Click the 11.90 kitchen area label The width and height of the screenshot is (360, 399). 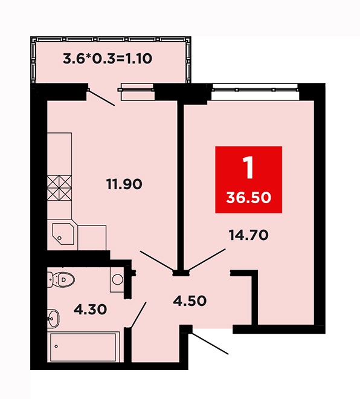(x=124, y=184)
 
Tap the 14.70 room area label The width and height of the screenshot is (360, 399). (x=248, y=235)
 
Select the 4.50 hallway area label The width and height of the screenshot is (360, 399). (x=190, y=301)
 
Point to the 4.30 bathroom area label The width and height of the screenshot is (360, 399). (x=90, y=310)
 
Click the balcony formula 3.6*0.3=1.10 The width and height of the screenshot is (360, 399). (x=108, y=59)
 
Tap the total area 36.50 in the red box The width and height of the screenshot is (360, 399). (x=249, y=198)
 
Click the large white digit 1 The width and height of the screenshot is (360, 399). (x=248, y=167)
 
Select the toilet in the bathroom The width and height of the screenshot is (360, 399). (x=61, y=280)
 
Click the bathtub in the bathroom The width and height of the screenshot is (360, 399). (x=83, y=347)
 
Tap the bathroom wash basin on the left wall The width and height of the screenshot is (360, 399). (x=53, y=318)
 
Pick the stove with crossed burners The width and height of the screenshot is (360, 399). (x=59, y=188)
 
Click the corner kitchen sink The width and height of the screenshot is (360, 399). (x=63, y=234)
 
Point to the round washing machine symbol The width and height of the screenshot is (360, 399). (x=117, y=279)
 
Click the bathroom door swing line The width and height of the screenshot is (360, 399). (x=138, y=315)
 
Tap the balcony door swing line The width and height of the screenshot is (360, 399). (x=101, y=98)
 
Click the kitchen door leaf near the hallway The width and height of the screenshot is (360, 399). (x=156, y=261)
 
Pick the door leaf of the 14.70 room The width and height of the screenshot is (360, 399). (x=207, y=259)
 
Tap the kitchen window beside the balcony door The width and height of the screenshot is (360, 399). (x=137, y=92)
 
